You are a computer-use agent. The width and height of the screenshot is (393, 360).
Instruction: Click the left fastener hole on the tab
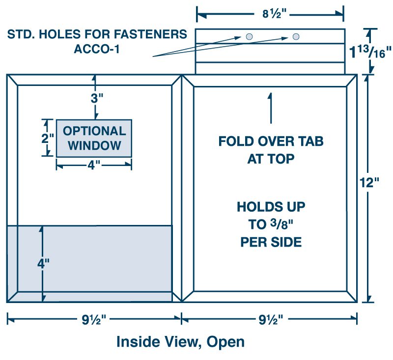point(250,36)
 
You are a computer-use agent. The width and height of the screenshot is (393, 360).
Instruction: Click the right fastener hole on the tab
point(296,36)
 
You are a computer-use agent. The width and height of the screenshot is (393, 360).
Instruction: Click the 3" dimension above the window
point(97,98)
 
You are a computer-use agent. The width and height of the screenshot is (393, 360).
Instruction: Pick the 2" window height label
point(47,138)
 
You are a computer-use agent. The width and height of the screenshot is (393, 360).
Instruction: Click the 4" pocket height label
point(43,263)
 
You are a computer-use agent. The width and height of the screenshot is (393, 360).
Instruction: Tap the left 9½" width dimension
point(93,320)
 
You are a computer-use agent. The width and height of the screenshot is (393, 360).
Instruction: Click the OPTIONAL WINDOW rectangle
point(94,138)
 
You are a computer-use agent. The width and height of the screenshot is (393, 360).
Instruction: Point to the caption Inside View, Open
point(180,341)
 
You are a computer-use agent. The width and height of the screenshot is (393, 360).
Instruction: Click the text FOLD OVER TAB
point(271,141)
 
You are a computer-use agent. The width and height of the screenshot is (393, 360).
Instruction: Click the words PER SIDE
point(271,242)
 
